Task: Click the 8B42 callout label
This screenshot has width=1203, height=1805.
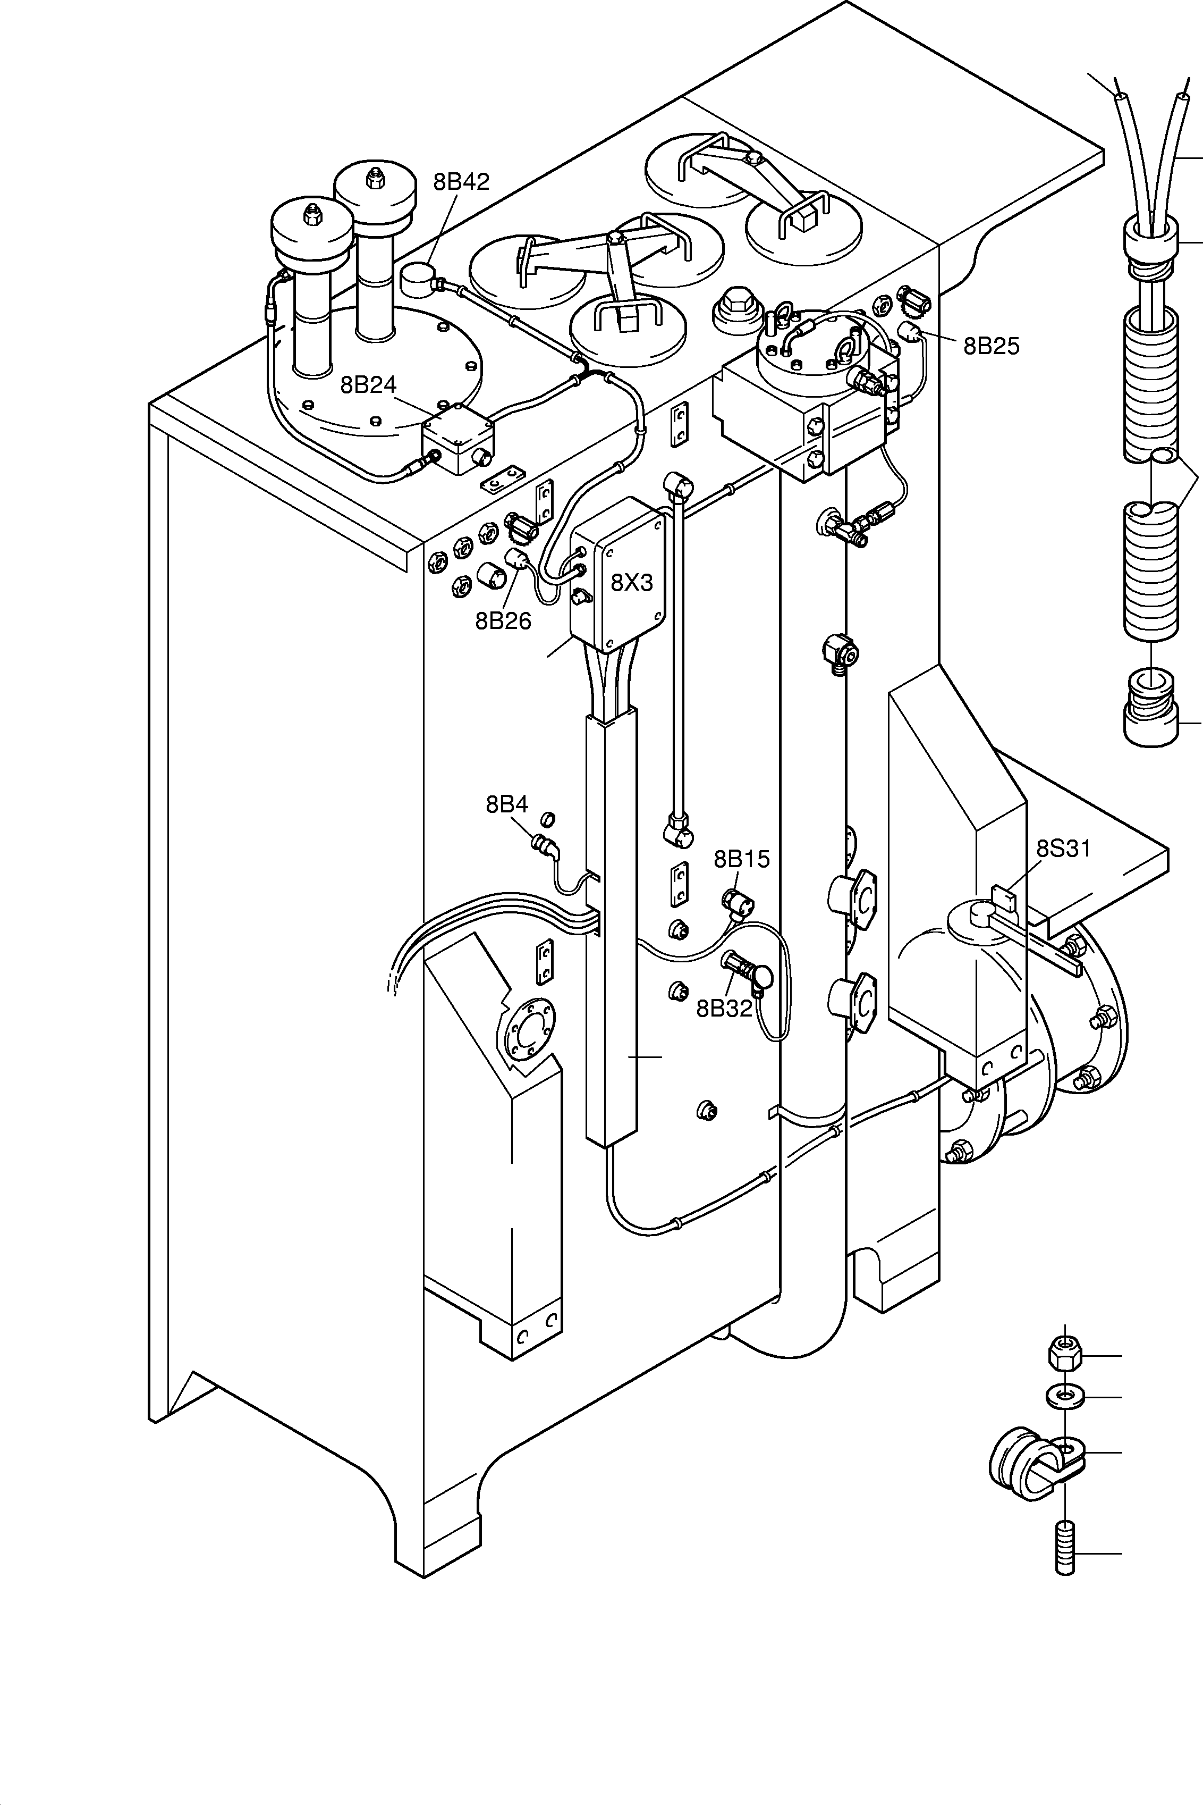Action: coord(461,182)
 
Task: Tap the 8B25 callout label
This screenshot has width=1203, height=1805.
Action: coord(991,346)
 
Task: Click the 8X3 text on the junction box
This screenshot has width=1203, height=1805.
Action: coord(631,583)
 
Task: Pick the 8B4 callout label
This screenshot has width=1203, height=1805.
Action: coord(506,804)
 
